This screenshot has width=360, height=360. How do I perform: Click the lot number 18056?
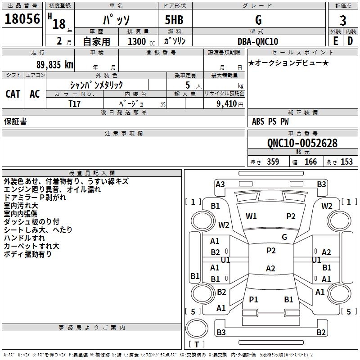coord(22,19)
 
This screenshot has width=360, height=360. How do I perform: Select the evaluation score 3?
coord(343,20)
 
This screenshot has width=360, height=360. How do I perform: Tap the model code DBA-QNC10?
coord(258,41)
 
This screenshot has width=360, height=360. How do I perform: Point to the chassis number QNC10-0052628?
coord(302,143)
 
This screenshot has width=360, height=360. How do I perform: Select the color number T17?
coord(75,103)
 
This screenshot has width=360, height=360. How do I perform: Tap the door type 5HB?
coord(174,20)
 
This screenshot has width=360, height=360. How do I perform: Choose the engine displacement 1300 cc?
coord(137,41)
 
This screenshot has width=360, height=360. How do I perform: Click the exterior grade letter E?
coord(335,41)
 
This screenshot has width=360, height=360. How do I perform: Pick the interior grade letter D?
coord(350,41)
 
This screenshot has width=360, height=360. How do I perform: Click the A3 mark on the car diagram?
coord(220,184)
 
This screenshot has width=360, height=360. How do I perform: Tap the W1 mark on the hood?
coord(251,216)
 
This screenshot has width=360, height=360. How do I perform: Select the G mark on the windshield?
coord(284,237)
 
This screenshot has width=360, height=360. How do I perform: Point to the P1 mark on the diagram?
coord(253,299)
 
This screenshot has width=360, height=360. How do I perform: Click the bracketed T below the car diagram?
coord(197,344)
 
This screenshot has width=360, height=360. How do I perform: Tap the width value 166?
coord(310,162)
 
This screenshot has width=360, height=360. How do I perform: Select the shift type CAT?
coord(13,94)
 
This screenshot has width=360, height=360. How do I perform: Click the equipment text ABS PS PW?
coord(270,121)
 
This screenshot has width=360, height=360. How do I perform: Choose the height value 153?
coord(346,162)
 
